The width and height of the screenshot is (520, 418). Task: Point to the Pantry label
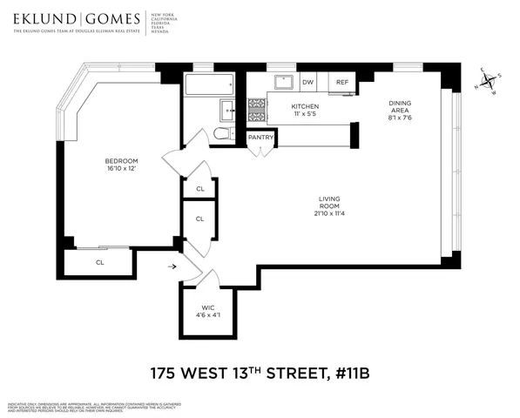[261, 138]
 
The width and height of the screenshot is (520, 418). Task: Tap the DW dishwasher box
[307, 82]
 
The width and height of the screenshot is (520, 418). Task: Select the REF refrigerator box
[342, 82]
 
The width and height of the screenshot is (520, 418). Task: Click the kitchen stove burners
[257, 111]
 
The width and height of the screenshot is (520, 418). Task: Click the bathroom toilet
[220, 133]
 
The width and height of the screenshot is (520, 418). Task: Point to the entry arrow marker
[171, 267]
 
